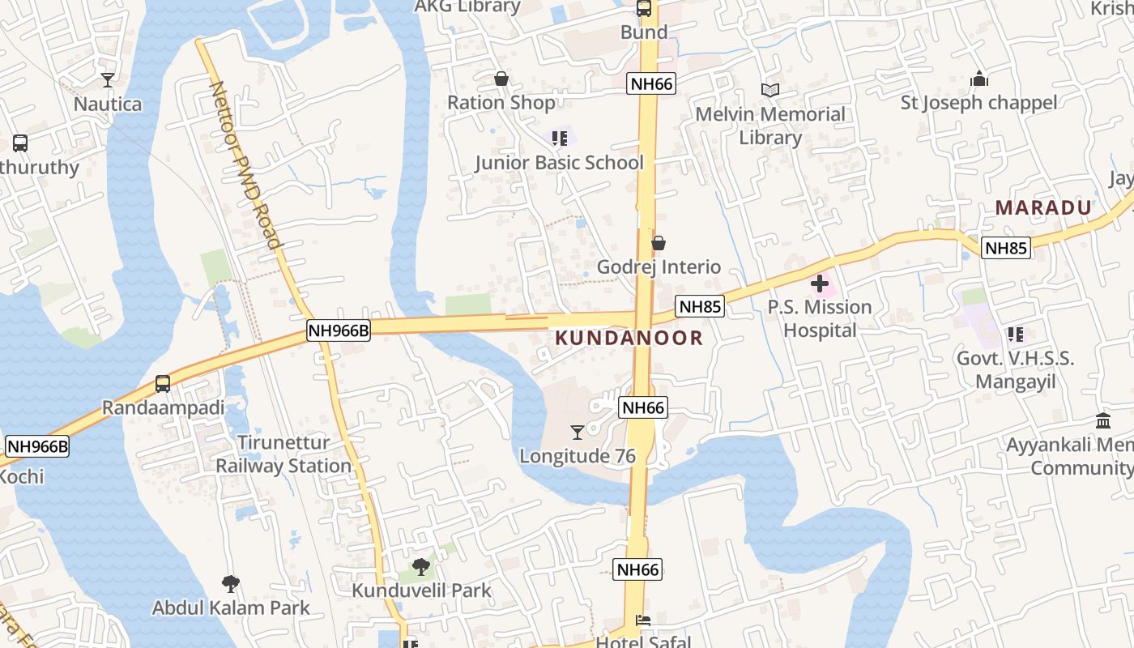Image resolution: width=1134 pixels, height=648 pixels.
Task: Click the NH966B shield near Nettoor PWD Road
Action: pos(339,330)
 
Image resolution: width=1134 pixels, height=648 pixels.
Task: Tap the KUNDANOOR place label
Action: pos(629,338)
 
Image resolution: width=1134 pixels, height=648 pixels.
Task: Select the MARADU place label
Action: pos(1043,207)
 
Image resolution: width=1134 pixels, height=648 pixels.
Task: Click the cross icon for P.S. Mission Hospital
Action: pos(820,283)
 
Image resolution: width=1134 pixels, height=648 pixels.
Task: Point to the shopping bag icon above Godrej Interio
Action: pos(659,243)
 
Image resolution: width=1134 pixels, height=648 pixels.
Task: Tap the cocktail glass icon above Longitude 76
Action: pos(578,432)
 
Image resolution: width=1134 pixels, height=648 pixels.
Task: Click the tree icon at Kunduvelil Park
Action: pos(420,567)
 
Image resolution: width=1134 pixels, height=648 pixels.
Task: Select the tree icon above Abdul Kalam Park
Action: pos(231,583)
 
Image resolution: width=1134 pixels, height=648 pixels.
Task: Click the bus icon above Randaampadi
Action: pos(163,383)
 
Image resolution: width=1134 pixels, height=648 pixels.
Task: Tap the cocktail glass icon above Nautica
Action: pos(108,79)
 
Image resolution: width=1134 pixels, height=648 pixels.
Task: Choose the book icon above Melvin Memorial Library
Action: pos(769,90)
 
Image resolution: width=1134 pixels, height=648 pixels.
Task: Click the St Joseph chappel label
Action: pos(978,103)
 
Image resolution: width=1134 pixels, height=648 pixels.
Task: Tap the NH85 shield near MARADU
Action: pos(1006,248)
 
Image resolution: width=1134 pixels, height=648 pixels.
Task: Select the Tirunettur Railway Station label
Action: pos(283,454)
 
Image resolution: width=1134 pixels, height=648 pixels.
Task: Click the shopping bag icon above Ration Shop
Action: pos(501,79)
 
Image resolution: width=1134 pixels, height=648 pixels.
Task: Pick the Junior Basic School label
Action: pos(559,163)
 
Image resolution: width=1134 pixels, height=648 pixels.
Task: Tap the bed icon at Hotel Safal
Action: pos(643,620)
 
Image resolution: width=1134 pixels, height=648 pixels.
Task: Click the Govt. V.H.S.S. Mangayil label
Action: pos(1016,370)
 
